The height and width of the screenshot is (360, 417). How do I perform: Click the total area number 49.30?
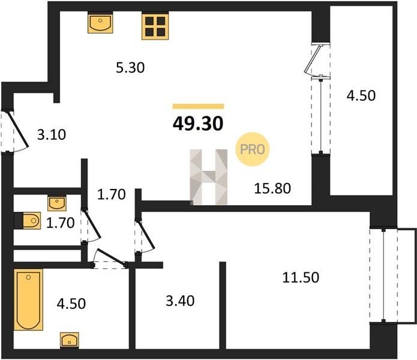(x=198, y=124)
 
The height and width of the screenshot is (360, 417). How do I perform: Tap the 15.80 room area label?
(x=272, y=188)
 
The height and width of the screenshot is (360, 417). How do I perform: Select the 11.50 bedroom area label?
(x=301, y=277)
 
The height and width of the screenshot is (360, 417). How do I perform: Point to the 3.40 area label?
(x=180, y=301)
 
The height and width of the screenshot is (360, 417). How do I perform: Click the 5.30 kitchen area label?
(x=130, y=68)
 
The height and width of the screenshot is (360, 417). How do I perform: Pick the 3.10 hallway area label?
(x=52, y=134)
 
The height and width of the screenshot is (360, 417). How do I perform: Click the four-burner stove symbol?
(x=155, y=26)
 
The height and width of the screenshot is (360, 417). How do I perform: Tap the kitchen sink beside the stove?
(x=100, y=23)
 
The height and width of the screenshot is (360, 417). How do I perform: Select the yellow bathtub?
(x=28, y=299)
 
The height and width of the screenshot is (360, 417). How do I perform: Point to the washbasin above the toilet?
(x=57, y=203)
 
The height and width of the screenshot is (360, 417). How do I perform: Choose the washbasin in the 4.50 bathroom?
(x=70, y=340)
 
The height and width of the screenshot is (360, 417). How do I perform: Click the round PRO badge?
(x=253, y=149)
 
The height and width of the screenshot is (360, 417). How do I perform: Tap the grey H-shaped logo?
(x=209, y=177)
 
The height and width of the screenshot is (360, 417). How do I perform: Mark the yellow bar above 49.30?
(x=199, y=106)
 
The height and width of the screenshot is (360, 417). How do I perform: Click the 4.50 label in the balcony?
(x=361, y=95)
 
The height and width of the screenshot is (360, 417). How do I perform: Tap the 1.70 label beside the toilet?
(x=60, y=223)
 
